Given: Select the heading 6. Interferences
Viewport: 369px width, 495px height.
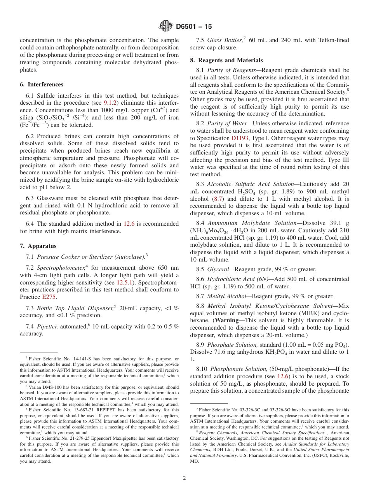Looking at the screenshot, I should pyautogui.click(x=42, y=84).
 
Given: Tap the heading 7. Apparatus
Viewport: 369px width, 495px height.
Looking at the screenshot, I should pyautogui.click(x=38, y=246).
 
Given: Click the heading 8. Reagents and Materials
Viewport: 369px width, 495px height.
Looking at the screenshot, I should pyautogui.click(x=226, y=60).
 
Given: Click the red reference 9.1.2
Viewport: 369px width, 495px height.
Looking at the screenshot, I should pyautogui.click(x=110, y=103).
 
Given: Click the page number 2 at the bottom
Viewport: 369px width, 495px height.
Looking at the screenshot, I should pyautogui.click(x=184, y=478).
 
